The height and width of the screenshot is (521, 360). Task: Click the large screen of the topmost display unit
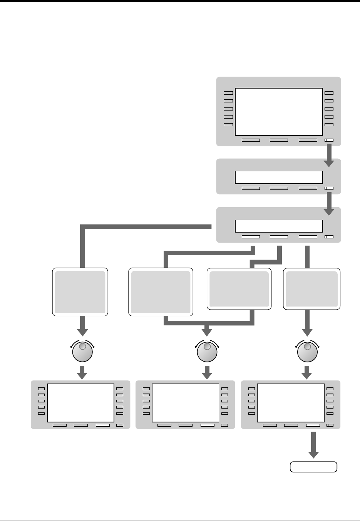pyautogui.click(x=278, y=112)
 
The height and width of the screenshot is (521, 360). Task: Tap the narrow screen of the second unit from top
pyautogui.click(x=278, y=178)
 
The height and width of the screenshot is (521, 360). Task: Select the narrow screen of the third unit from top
pyautogui.click(x=278, y=226)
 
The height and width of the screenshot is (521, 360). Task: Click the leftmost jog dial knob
pyautogui.click(x=82, y=351)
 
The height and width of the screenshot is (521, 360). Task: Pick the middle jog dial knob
pyautogui.click(x=207, y=351)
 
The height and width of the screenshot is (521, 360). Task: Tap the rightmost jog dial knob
pyautogui.click(x=307, y=351)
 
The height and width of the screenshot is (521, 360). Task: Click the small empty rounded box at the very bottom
pyautogui.click(x=313, y=467)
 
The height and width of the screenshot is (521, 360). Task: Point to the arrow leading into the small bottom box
pyautogui.click(x=313, y=445)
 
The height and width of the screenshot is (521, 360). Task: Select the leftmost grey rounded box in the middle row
pyautogui.click(x=80, y=292)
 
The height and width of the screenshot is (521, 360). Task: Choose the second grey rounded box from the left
pyautogui.click(x=161, y=292)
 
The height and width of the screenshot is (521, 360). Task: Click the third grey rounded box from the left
pyautogui.click(x=239, y=289)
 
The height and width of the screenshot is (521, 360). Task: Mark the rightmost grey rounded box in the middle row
pyautogui.click(x=312, y=289)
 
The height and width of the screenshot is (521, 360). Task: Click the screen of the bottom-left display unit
pyautogui.click(x=80, y=403)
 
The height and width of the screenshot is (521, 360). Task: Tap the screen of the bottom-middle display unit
pyautogui.click(x=186, y=403)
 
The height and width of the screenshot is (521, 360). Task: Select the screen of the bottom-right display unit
pyautogui.click(x=291, y=403)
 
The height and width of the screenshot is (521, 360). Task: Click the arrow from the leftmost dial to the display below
pyautogui.click(x=82, y=372)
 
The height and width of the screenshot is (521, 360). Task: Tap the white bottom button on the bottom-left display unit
pyautogui.click(x=103, y=426)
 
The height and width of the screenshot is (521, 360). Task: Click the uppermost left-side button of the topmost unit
pyautogui.click(x=228, y=93)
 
